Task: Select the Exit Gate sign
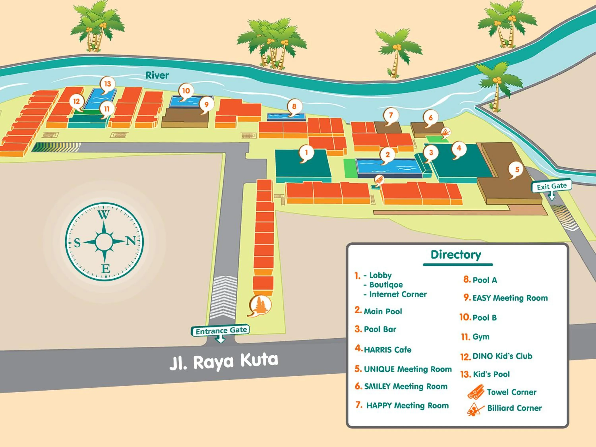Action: (551, 186)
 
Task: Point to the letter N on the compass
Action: (131, 240)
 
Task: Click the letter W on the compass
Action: (104, 215)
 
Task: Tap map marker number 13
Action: (108, 84)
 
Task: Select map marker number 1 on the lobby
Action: (306, 153)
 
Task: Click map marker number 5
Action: (517, 169)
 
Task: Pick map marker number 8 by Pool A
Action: (294, 106)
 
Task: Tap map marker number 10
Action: (186, 91)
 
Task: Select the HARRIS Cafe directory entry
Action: (387, 350)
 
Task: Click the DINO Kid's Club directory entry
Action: (502, 356)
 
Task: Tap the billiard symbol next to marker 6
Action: (446, 132)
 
